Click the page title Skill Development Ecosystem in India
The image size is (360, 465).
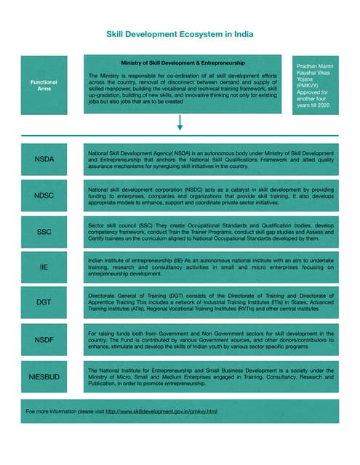180,34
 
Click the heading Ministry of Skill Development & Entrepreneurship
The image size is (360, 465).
181,62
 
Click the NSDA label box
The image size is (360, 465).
44,158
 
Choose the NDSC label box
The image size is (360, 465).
44,195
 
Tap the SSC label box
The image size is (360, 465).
44,232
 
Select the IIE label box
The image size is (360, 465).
44,268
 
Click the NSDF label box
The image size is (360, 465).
44,339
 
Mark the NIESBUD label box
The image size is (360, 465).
44,377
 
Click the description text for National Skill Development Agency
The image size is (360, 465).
210,160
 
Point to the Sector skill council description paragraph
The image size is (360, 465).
210,232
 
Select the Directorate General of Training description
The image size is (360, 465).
210,302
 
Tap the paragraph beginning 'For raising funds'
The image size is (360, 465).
210,339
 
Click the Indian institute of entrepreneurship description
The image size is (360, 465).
210,267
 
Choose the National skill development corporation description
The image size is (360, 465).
210,195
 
